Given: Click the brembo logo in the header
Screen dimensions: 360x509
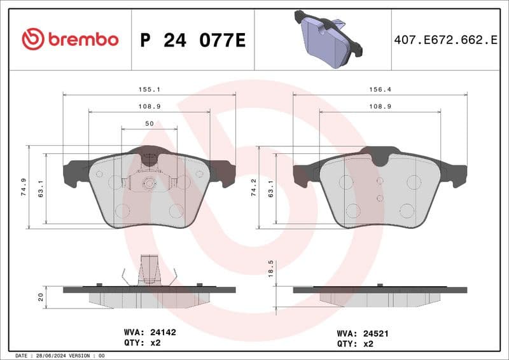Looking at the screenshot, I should tap(70, 39).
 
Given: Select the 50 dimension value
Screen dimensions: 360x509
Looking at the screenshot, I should tap(149, 123).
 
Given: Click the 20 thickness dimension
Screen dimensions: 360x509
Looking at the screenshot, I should tap(41, 297).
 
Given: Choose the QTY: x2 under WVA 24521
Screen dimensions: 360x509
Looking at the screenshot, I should tap(354, 343).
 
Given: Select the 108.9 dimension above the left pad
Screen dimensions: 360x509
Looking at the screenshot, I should tap(149, 107).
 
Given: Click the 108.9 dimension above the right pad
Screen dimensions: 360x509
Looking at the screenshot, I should tap(380, 107).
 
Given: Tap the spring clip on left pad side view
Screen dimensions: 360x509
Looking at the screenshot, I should tap(149, 271).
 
